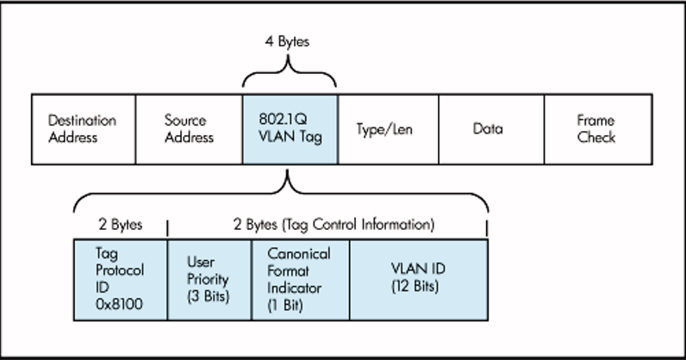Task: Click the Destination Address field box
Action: coord(84,129)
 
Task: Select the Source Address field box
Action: coord(189,129)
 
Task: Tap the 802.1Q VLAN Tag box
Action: coord(290,129)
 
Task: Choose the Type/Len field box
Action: coord(388,129)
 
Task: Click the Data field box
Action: coord(490,129)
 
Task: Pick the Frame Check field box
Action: coord(596,129)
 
